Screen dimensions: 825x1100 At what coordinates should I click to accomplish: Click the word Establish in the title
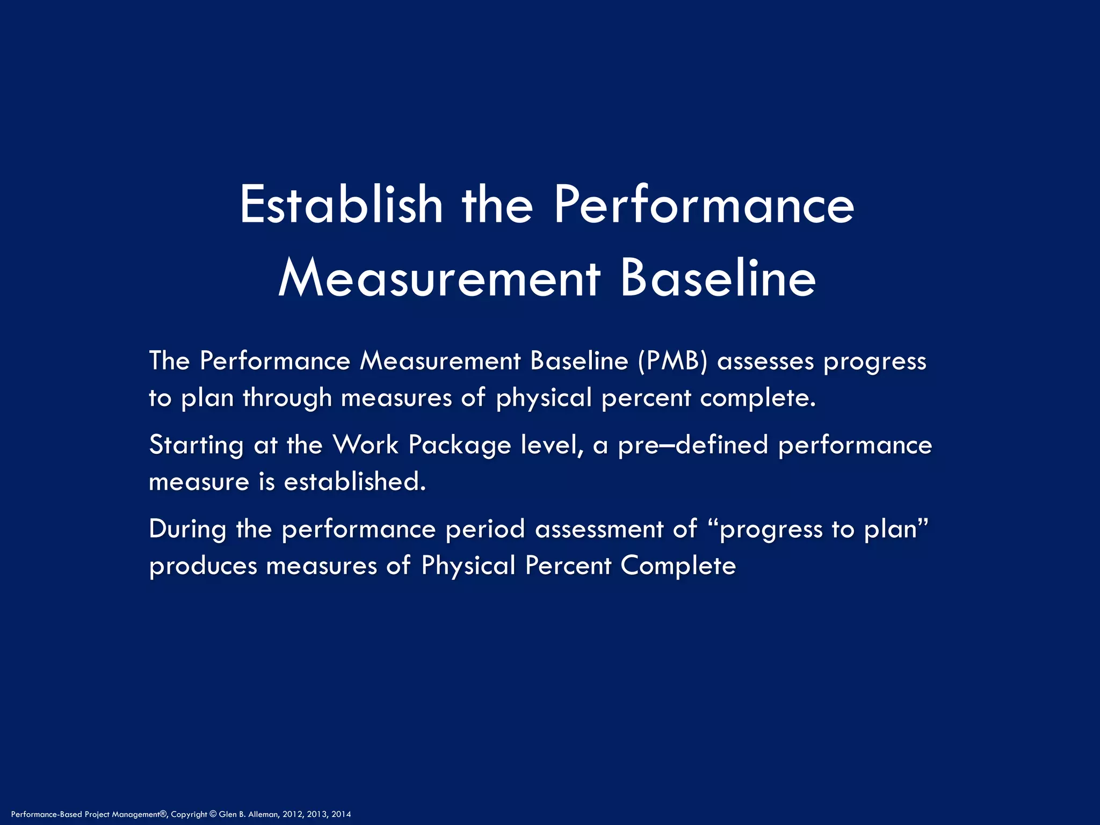pyautogui.click(x=341, y=205)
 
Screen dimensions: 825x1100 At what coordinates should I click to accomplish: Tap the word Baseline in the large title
pyautogui.click(x=718, y=279)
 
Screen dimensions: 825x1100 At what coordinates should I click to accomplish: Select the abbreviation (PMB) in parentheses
pyautogui.click(x=673, y=361)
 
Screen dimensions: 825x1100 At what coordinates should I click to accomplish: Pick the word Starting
pyautogui.click(x=197, y=445)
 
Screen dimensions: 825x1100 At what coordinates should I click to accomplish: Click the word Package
pyautogui.click(x=460, y=445)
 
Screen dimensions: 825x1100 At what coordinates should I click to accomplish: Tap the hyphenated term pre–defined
pyautogui.click(x=693, y=445)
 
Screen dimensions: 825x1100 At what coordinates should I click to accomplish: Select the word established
pyautogui.click(x=354, y=482)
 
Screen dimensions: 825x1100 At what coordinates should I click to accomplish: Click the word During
pyautogui.click(x=187, y=529)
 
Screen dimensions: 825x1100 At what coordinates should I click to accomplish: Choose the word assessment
pyautogui.click(x=599, y=529)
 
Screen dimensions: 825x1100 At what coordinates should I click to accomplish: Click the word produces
pyautogui.click(x=203, y=566)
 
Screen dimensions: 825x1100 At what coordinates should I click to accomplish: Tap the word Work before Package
pyautogui.click(x=365, y=445)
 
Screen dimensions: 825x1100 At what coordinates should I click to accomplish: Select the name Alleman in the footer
pyautogui.click(x=264, y=814)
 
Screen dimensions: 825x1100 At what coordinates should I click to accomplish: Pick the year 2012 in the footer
pyautogui.click(x=293, y=814)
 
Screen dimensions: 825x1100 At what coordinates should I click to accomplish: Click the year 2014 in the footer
pyautogui.click(x=341, y=814)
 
